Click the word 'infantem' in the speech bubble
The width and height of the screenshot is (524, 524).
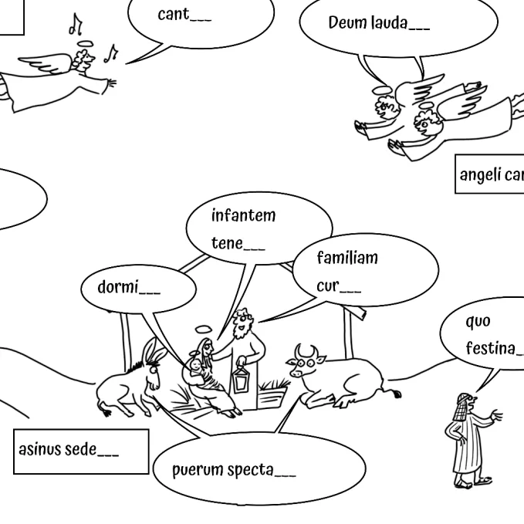coord(243,215)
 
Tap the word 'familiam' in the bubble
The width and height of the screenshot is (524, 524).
coord(347,258)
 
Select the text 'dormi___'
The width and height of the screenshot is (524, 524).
coord(129,288)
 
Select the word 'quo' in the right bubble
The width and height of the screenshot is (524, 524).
coord(478,320)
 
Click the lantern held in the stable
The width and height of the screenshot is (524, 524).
coord(242,379)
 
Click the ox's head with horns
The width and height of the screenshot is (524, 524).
coord(306,363)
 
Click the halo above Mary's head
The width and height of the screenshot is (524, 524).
coord(202,329)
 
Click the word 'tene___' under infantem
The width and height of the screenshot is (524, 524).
coord(238,244)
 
